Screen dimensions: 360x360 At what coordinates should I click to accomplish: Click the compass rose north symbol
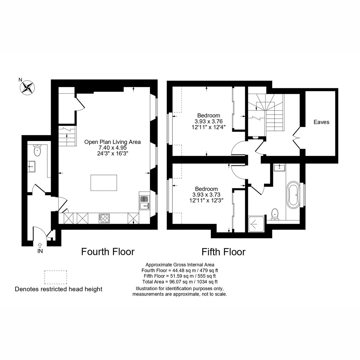tap(28, 87)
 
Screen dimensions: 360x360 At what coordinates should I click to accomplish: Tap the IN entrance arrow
tap(40, 245)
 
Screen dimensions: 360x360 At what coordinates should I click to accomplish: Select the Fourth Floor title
tap(108, 252)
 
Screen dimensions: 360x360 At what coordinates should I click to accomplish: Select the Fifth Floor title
tap(223, 252)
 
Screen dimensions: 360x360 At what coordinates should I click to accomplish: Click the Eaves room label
tap(321, 122)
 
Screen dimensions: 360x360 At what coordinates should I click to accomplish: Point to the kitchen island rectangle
tap(104, 183)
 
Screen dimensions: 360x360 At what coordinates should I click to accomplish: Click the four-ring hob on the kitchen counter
tap(104, 218)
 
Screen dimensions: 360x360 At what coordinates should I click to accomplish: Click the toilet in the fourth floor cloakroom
tap(37, 150)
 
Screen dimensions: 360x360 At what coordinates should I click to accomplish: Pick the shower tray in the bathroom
tap(256, 224)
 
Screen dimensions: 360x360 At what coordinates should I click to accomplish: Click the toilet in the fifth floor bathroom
tap(274, 214)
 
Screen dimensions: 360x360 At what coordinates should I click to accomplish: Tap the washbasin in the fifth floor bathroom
tap(279, 167)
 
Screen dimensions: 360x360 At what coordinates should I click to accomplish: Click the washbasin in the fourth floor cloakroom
tap(31, 166)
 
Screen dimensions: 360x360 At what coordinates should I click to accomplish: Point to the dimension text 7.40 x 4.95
tap(112, 148)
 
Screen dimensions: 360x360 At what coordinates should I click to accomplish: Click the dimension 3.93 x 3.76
tap(208, 121)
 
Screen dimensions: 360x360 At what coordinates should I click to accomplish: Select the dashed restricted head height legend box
tap(55, 277)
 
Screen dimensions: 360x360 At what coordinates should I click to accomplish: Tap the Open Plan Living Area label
tap(112, 142)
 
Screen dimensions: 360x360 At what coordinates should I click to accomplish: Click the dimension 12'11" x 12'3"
tap(206, 200)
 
